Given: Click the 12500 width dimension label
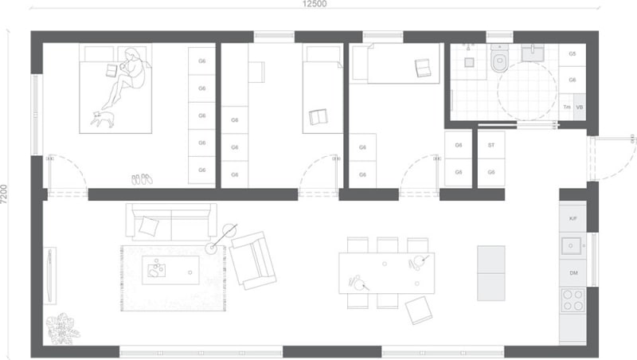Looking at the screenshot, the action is [315, 4].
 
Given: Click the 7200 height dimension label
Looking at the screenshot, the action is [4, 194].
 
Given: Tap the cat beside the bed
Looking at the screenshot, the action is [103, 119].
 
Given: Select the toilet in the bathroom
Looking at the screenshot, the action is [498, 58].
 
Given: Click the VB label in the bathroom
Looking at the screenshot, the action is [580, 108].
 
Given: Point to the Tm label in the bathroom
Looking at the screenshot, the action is [567, 108].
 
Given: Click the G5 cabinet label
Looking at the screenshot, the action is [572, 53].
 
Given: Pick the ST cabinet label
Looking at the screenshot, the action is [491, 145].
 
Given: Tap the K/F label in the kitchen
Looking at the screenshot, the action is [573, 218].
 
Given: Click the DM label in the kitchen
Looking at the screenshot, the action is [573, 273].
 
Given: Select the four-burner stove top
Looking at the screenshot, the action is [573, 300].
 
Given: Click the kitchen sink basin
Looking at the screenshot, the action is [571, 246].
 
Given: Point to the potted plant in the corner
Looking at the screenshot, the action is [62, 329].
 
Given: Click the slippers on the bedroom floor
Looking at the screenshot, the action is [142, 178].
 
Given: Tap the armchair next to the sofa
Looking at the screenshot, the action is [252, 260].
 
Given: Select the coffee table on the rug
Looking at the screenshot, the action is [170, 270].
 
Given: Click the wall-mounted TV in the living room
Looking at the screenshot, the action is [50, 276].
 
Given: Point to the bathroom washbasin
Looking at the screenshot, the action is [533, 53].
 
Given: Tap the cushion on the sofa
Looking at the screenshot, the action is [149, 226].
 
